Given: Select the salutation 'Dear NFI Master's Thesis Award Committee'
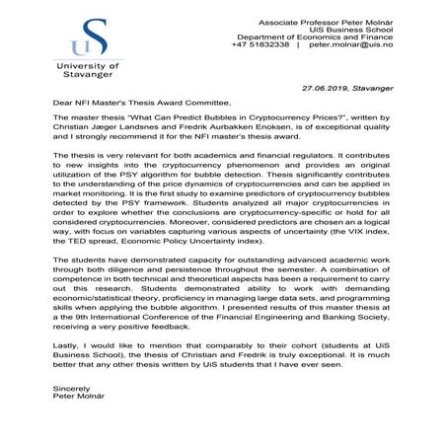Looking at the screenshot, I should pos(142,103).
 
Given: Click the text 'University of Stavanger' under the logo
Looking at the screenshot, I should pos(86,69).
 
